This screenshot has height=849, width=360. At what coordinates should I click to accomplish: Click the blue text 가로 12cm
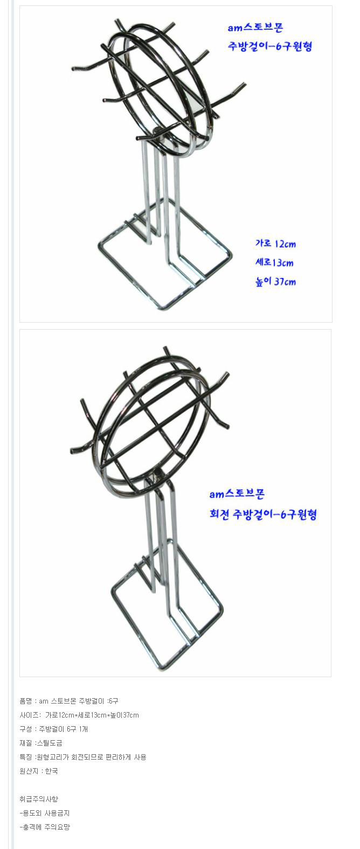pos(275,243)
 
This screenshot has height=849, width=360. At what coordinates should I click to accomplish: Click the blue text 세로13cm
pos(274,262)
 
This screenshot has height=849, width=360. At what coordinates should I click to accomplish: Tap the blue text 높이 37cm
pos(275,281)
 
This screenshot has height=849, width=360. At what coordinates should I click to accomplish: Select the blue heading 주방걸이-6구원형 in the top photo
pos(269,46)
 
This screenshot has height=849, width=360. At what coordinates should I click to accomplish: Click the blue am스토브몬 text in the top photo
pos(255,27)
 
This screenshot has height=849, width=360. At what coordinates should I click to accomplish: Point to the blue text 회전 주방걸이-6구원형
pos(263,514)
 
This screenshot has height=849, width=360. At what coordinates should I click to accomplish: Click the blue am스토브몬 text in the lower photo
pos(237,493)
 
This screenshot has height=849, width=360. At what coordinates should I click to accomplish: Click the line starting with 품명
pos(69,701)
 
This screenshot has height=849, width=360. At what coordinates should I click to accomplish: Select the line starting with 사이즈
pos(79,715)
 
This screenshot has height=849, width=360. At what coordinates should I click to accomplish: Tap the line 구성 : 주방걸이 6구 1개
pos(54,729)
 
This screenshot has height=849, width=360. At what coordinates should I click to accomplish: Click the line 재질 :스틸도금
pos(41,743)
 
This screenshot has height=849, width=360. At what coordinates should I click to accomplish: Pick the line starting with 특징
pos(83,757)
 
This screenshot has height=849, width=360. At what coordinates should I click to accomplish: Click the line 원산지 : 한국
pos(39,771)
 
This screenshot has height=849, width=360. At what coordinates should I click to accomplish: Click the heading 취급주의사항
pos(39,799)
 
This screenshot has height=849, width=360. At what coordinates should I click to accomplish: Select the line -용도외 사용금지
pos(45,813)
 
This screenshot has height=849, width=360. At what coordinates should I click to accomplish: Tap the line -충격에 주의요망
pos(45,827)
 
